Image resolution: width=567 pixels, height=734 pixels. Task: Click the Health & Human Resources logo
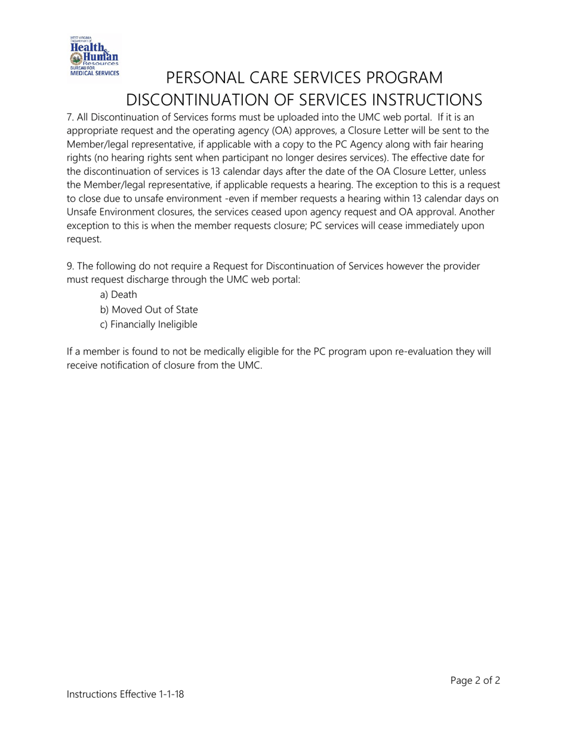point(94,56)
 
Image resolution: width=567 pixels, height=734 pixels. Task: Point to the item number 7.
point(70,118)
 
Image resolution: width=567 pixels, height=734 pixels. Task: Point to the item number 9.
point(70,266)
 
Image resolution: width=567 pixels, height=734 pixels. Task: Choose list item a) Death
point(118,295)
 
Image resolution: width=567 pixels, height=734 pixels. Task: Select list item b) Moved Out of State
point(149,310)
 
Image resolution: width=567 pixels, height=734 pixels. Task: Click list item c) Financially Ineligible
point(148,325)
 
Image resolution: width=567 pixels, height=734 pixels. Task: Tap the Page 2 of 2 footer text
point(475,680)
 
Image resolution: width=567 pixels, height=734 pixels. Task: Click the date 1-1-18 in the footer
point(171,694)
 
